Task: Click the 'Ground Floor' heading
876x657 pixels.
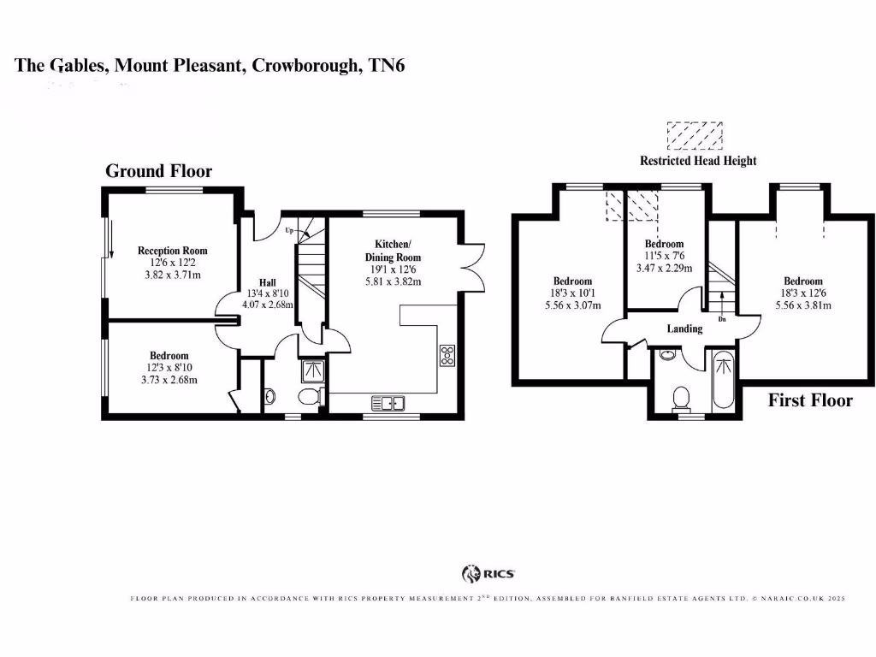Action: (x=158, y=171)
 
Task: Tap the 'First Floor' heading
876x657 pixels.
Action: (x=809, y=400)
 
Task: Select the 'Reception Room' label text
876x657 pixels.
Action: (x=173, y=251)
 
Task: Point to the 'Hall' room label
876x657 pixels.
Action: (x=268, y=282)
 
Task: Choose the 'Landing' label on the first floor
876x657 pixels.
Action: (x=684, y=328)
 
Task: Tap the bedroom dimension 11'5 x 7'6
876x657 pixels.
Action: (x=664, y=255)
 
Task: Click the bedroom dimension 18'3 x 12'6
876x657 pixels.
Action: (x=802, y=293)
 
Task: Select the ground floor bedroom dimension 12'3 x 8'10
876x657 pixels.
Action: (x=169, y=368)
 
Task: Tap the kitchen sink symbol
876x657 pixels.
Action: (x=388, y=402)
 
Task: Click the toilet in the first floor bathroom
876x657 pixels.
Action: (x=682, y=397)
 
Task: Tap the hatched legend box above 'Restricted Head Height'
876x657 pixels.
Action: (x=695, y=136)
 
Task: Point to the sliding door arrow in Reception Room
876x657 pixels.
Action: (x=111, y=239)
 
